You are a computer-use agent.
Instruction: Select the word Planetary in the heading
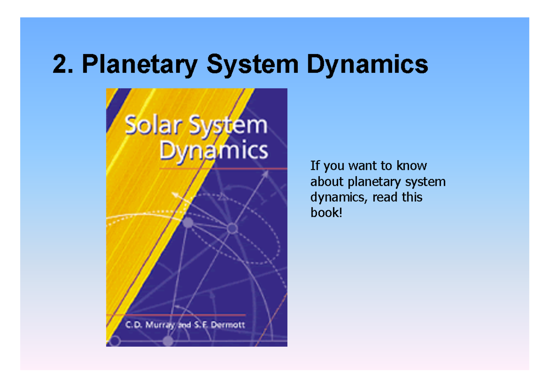coord(140,65)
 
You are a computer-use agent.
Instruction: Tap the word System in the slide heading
coord(253,65)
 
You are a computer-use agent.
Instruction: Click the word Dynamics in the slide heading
coord(367,65)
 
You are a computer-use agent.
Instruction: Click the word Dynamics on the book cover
coord(213,151)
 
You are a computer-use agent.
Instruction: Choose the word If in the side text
coord(314,166)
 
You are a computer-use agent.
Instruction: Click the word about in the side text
coord(327,182)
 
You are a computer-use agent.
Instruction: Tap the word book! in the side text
coord(326,213)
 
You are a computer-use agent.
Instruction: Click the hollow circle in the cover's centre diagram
coord(232,228)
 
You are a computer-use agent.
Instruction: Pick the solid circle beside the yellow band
coord(188,223)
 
